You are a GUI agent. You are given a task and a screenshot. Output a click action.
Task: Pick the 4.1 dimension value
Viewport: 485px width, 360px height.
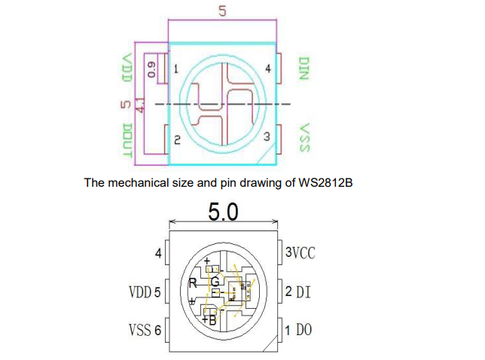coord(140,105)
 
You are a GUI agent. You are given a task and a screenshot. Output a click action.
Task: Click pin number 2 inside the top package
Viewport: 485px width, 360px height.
coord(176,140)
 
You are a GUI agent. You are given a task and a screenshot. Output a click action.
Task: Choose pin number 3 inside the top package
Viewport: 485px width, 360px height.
coord(266,137)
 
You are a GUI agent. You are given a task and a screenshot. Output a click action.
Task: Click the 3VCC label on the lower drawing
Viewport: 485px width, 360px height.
coord(300,252)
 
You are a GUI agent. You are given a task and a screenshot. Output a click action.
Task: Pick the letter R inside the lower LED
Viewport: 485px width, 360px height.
coord(194,284)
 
